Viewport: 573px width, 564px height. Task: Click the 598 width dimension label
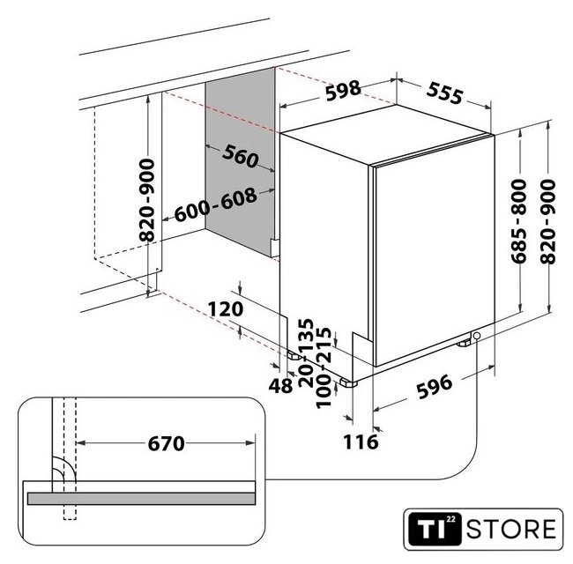(x=343, y=90)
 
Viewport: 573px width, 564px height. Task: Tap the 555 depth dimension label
(x=444, y=93)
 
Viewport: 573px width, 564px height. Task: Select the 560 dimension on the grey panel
(x=240, y=156)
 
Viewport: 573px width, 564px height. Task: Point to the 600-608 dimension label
(x=216, y=204)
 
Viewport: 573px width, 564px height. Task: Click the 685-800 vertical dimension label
(x=519, y=221)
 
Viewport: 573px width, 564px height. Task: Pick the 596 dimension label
(x=435, y=387)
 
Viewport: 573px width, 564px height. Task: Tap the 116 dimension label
(x=361, y=442)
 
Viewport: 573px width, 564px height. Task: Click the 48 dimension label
(x=280, y=385)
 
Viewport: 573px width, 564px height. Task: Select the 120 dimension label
(x=226, y=309)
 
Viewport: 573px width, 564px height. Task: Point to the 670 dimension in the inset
(x=167, y=444)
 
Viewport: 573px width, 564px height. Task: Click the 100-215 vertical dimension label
(x=324, y=367)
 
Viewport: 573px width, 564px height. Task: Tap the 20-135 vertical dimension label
(x=306, y=352)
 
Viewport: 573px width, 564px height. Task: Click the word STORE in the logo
(x=511, y=530)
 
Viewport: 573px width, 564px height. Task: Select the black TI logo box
(x=434, y=529)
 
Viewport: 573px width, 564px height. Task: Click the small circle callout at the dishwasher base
(x=477, y=336)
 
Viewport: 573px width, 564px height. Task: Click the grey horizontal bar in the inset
(x=141, y=499)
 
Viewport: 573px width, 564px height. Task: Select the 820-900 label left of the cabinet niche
(x=147, y=200)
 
